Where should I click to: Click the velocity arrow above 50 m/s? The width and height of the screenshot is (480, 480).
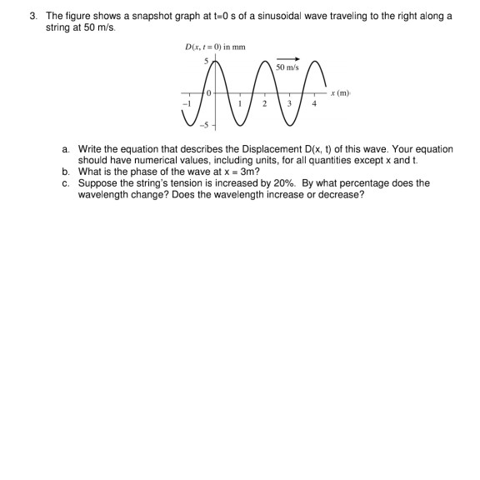click(x=287, y=59)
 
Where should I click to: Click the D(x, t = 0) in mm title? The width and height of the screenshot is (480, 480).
click(x=215, y=47)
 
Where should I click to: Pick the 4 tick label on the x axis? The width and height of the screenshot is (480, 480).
click(x=314, y=104)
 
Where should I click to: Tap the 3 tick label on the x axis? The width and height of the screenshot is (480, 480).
click(x=289, y=104)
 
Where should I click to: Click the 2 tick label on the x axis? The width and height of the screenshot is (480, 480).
click(x=264, y=104)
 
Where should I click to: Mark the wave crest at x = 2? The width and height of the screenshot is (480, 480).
click(x=266, y=62)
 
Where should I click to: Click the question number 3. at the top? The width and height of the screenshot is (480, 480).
click(x=32, y=16)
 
